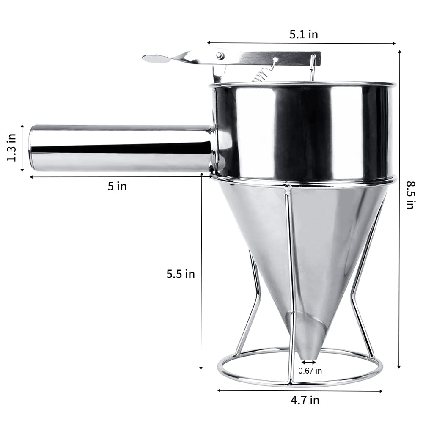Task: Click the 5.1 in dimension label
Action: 303,34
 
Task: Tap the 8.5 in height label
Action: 409,195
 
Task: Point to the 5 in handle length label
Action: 117,186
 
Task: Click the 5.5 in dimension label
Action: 180,274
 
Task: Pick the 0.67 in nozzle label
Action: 310,371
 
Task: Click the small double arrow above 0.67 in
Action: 308,362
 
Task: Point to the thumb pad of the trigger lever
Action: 157,58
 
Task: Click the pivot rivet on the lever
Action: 220,55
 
